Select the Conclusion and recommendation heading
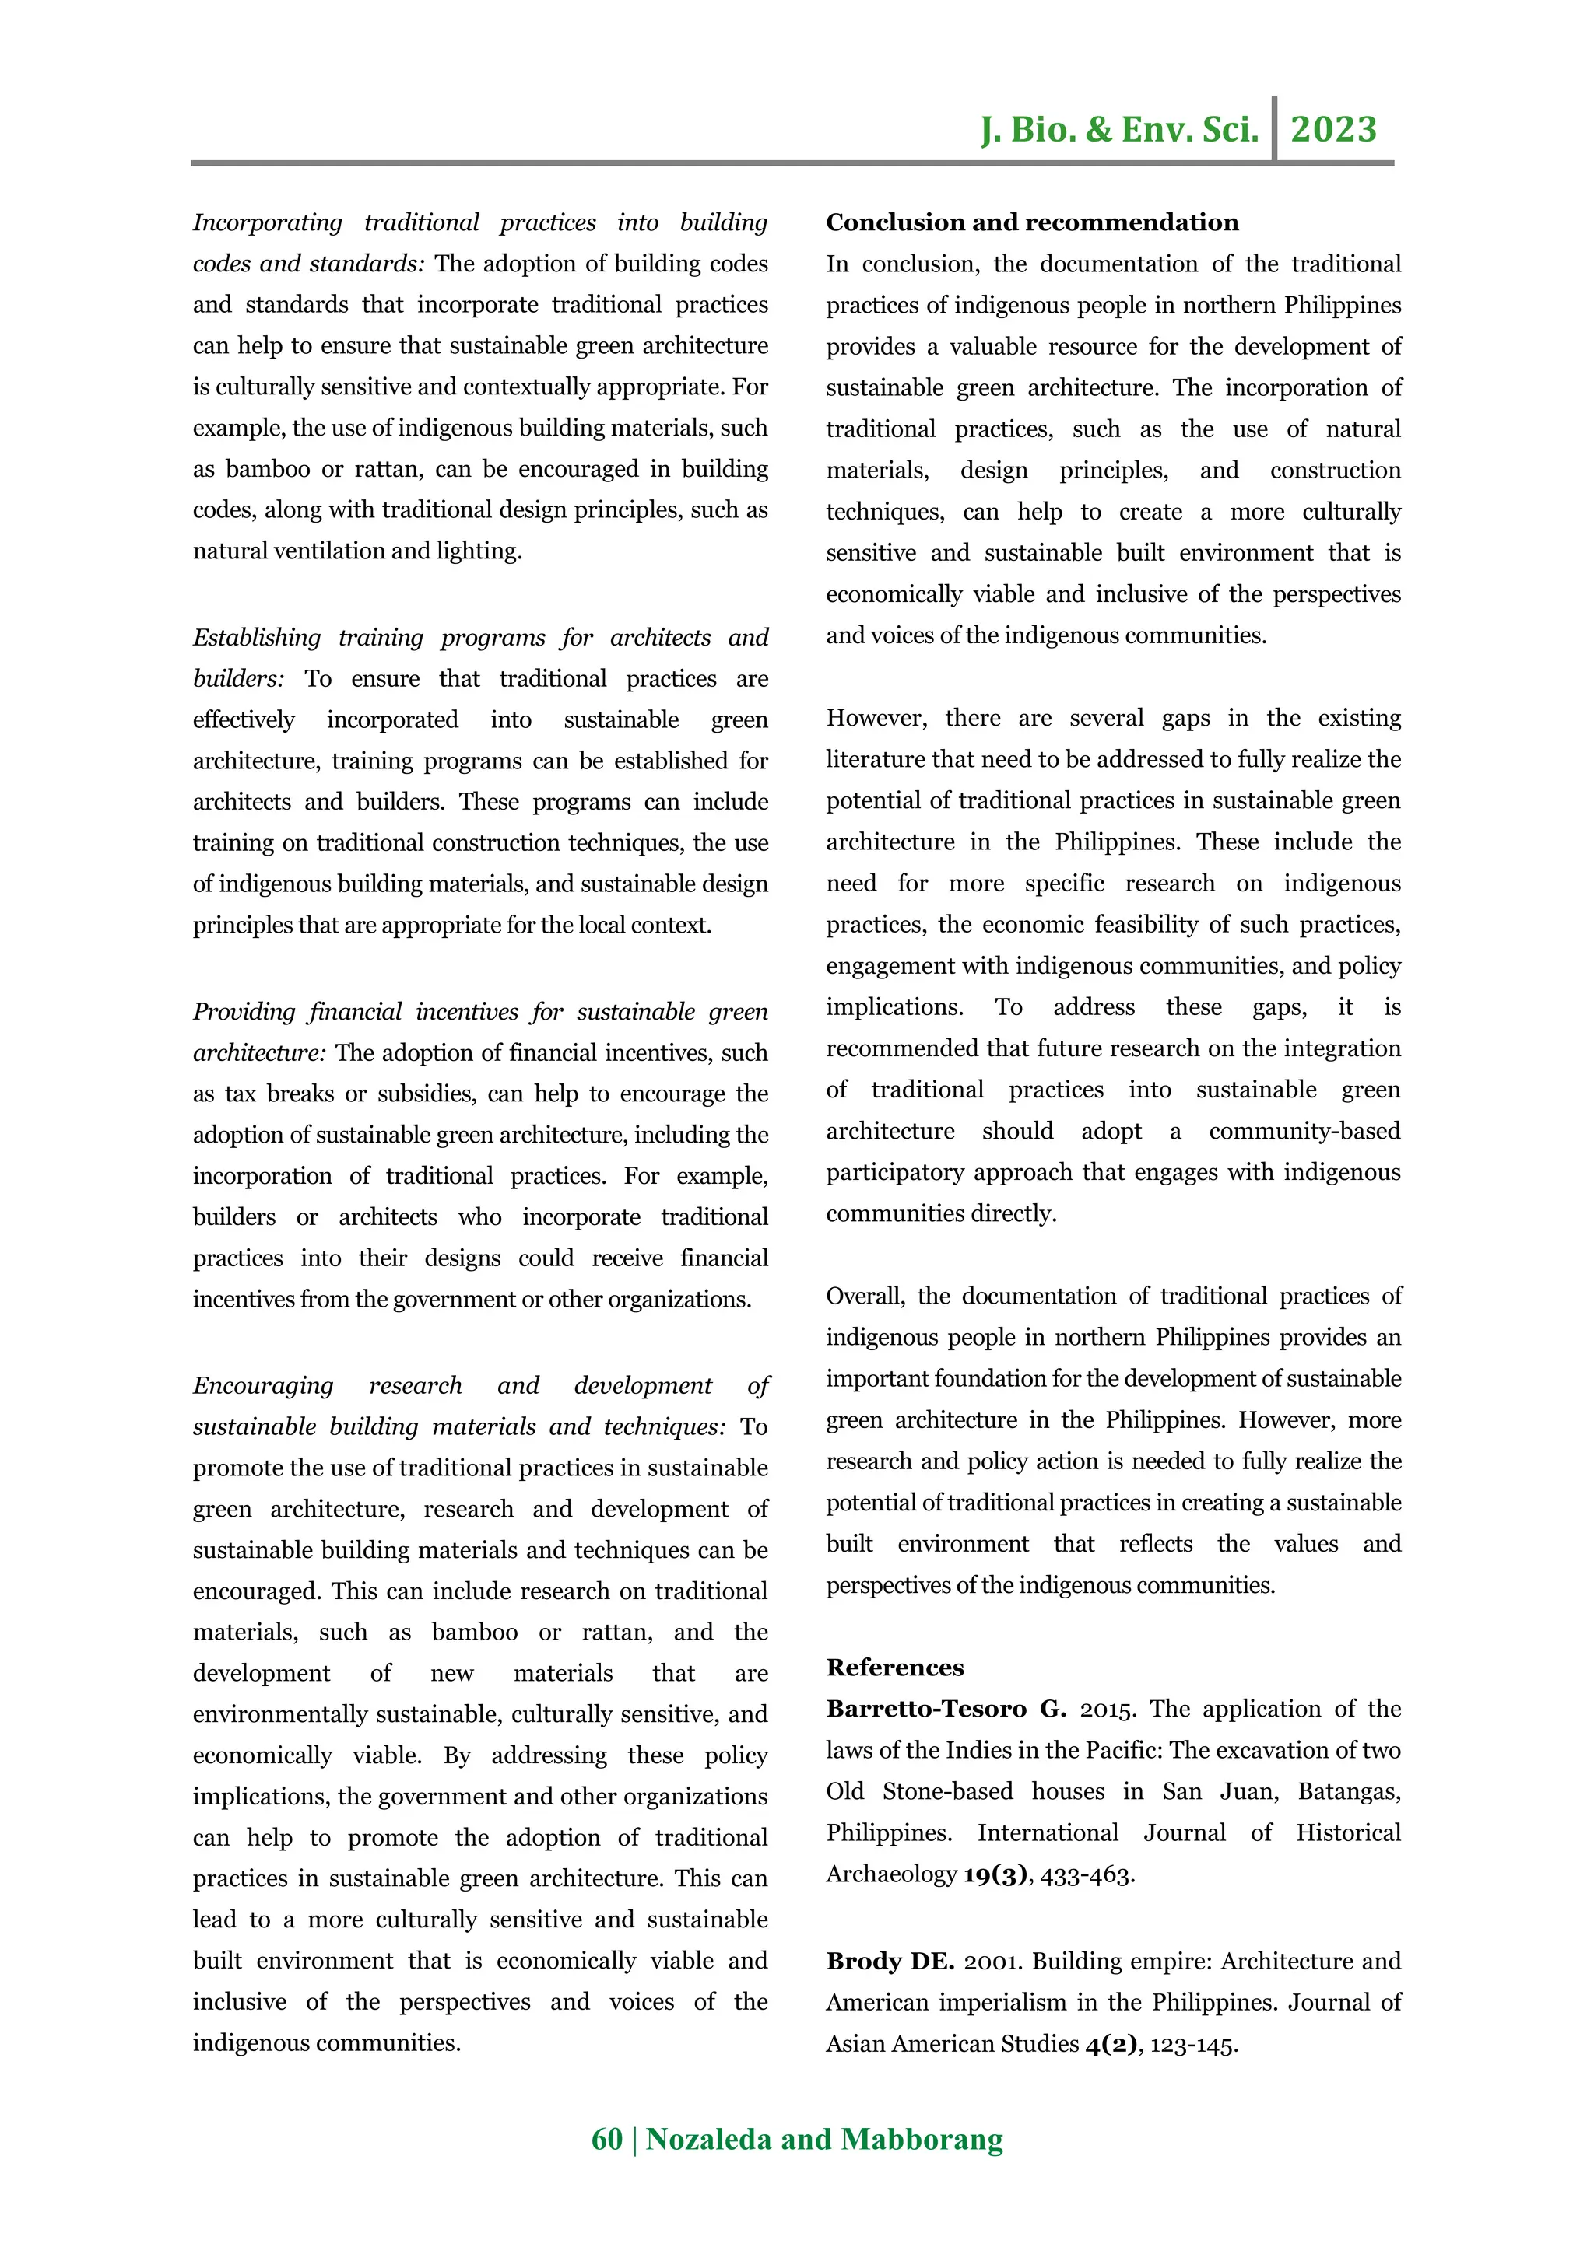[x=1031, y=223]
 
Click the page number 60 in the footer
[x=606, y=2139]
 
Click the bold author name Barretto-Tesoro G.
[x=945, y=1709]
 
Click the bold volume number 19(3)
[x=995, y=1874]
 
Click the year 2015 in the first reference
[x=1107, y=1709]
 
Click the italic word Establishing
[x=256, y=638]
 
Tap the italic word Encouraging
[x=262, y=1386]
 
